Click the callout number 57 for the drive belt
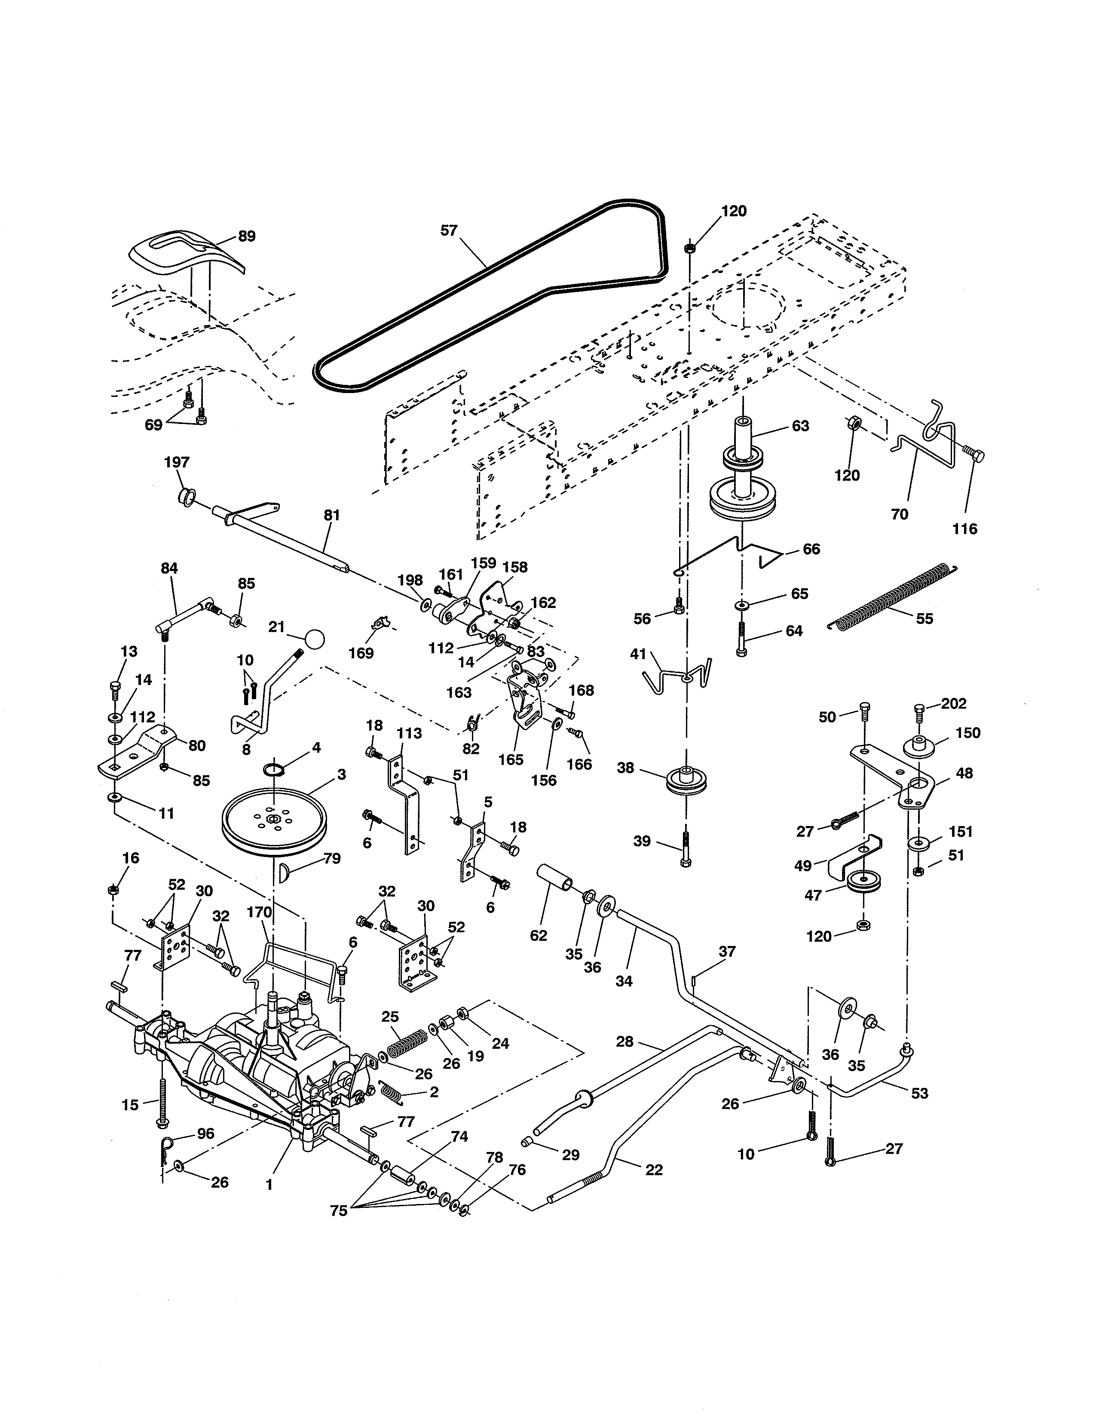pos(449,230)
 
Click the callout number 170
pos(259,912)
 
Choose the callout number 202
pos(953,703)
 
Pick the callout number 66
pos(811,549)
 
